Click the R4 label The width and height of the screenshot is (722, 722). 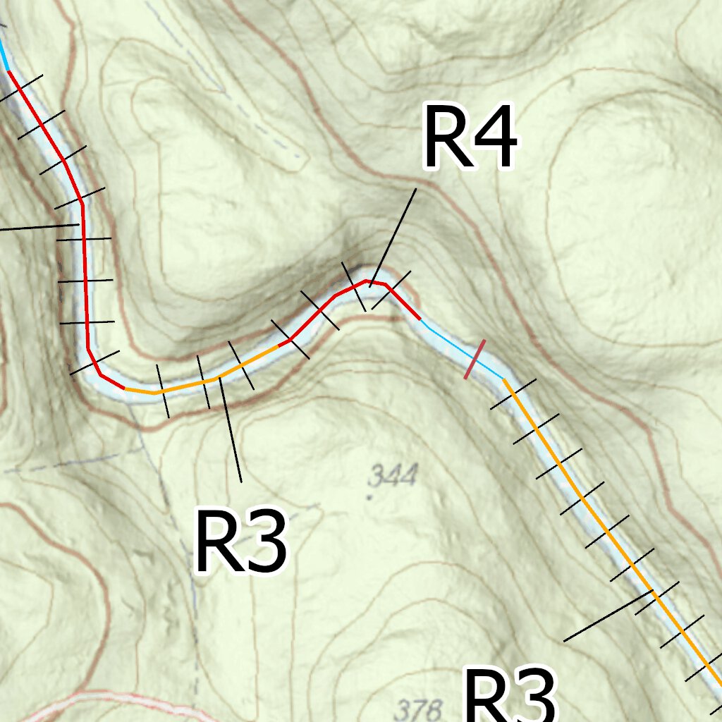point(470,137)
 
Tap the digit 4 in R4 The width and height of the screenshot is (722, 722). point(494,137)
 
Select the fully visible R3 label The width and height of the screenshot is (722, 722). point(241,541)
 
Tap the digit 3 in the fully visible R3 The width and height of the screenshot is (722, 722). point(265,541)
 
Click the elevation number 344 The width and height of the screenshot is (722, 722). point(393,477)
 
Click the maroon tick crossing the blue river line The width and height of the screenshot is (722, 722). point(475,359)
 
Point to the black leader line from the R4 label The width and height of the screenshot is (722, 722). point(393,236)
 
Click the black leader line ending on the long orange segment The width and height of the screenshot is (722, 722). point(606,618)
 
